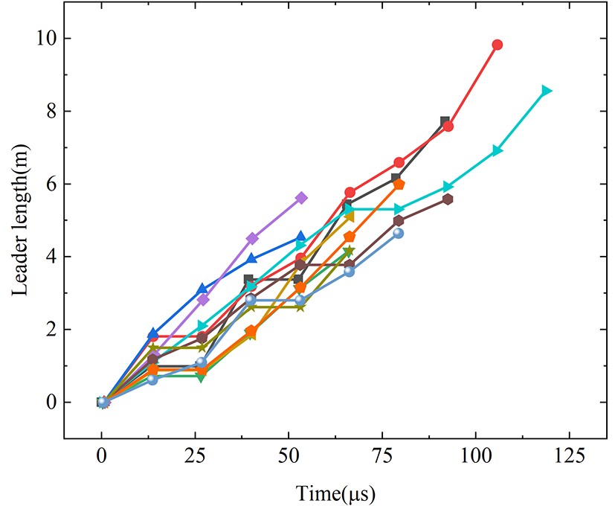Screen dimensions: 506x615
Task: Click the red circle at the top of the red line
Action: [x=498, y=45]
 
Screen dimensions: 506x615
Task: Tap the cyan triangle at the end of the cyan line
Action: [x=547, y=91]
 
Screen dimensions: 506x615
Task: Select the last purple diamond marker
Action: [x=301, y=197]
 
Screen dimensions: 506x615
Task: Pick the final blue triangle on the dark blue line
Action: [x=300, y=237]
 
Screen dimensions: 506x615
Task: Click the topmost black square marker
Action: [x=445, y=121]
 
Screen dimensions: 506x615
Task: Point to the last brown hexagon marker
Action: [x=448, y=199]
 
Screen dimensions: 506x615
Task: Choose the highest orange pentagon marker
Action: [x=399, y=185]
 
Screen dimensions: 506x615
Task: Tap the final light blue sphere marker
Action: [x=398, y=233]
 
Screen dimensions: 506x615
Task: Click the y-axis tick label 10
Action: [x=45, y=38]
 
